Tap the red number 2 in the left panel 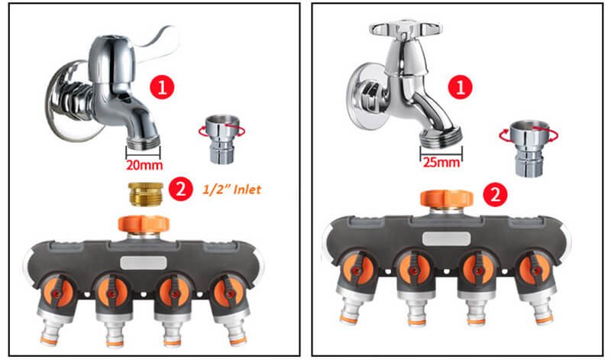coord(180,190)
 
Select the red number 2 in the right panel coord(496,194)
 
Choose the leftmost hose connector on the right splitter coord(352,321)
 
